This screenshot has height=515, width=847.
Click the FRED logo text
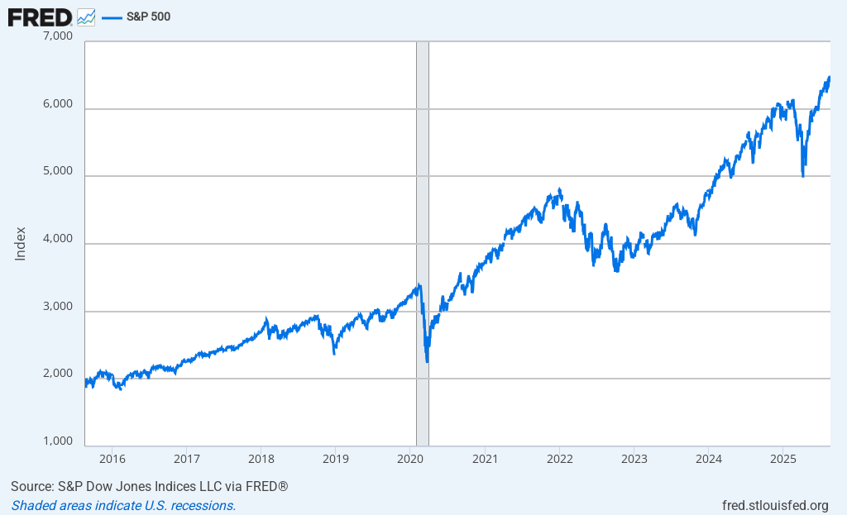[x=40, y=16]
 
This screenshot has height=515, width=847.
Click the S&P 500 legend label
[x=148, y=17]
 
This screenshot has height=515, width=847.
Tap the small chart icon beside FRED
[x=86, y=17]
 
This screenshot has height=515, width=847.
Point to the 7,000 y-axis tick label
[x=57, y=37]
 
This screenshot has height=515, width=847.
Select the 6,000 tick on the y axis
[x=57, y=105]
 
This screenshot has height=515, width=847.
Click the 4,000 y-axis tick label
[x=57, y=240]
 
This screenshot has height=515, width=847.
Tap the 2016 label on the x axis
[x=112, y=458]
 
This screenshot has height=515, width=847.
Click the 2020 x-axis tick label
[x=411, y=458]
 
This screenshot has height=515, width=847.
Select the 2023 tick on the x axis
[x=634, y=458]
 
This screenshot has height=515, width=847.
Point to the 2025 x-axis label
[x=783, y=458]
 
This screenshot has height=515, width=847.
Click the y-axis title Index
[x=21, y=244]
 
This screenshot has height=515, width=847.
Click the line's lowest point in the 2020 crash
[x=427, y=361]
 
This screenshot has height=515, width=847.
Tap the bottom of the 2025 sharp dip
[x=803, y=175]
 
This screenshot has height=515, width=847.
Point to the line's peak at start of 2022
[x=560, y=189]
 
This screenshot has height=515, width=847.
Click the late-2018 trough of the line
[x=334, y=353]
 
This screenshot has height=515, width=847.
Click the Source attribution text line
[x=149, y=486]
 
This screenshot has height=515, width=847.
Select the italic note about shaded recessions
[x=123, y=505]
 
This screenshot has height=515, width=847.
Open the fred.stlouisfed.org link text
[x=775, y=505]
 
